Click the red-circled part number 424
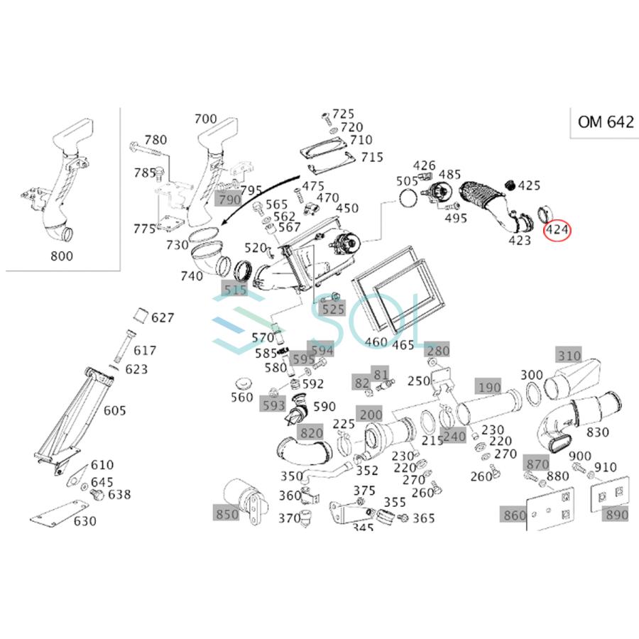[x=557, y=230]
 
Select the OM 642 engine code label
[x=605, y=121]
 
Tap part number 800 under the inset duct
[x=62, y=256]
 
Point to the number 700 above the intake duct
[x=205, y=119]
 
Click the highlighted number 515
[x=234, y=290]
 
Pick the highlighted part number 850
[x=227, y=514]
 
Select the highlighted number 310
[x=569, y=356]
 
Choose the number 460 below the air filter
[x=376, y=342]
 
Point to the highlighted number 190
[x=488, y=387]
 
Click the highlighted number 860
[x=514, y=515]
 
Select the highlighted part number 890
[x=616, y=515]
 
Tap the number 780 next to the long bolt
[x=155, y=140]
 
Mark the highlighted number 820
[x=311, y=433]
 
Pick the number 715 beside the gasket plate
[x=371, y=157]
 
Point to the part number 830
[x=598, y=432]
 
